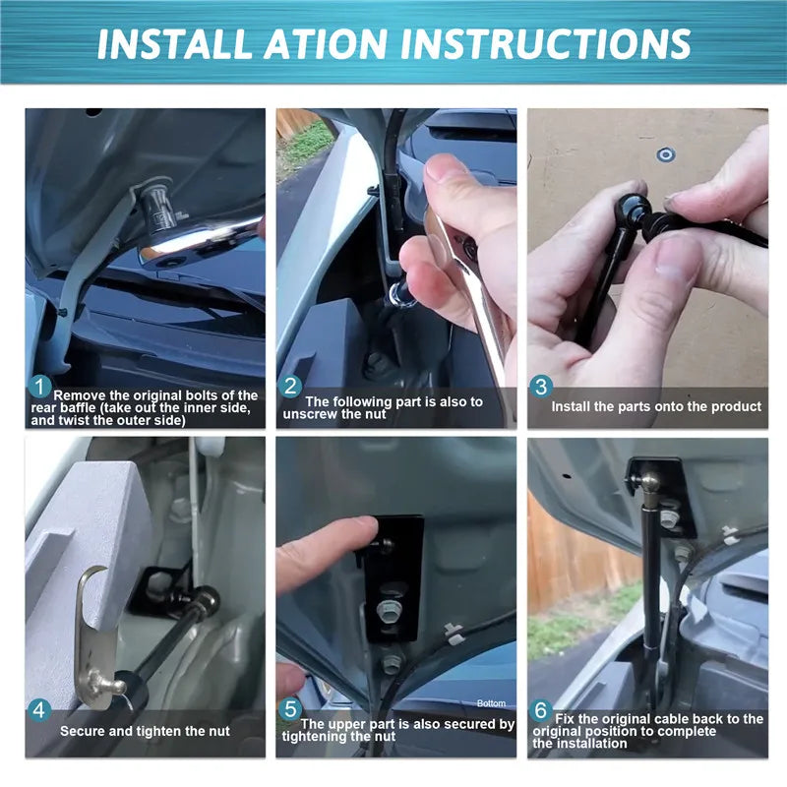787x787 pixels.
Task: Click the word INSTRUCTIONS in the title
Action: point(546,43)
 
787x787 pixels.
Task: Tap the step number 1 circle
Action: point(39,387)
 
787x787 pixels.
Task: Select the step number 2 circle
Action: point(290,387)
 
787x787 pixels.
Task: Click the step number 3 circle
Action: point(541,387)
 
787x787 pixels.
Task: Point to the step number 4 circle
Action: point(39,710)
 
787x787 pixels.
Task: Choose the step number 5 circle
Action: point(290,709)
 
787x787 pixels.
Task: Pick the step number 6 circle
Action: point(541,710)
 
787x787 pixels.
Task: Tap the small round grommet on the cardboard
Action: point(666,155)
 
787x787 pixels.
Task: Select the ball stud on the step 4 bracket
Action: point(107,684)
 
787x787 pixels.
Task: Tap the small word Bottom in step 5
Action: point(491,703)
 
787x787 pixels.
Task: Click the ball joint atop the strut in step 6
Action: point(651,483)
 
